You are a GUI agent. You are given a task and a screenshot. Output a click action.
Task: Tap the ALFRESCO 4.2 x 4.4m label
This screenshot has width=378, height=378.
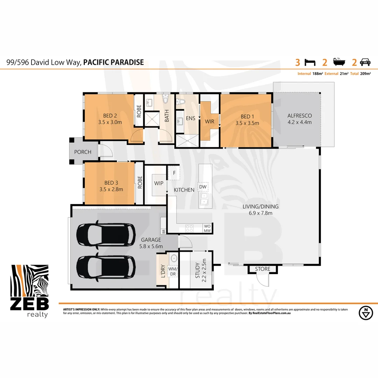(x=299, y=119)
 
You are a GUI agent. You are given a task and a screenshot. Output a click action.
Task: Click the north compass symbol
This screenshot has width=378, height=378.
(x=366, y=313)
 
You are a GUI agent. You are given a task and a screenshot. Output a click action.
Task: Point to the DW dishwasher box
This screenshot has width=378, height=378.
(x=203, y=187)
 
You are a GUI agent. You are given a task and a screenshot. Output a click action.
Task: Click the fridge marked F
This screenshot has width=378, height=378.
(x=174, y=173)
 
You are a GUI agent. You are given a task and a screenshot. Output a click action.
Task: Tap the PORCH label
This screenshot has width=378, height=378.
(x=83, y=152)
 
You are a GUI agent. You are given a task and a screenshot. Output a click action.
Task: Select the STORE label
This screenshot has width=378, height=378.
(x=262, y=269)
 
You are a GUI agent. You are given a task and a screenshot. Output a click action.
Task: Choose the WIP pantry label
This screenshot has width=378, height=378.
(x=159, y=183)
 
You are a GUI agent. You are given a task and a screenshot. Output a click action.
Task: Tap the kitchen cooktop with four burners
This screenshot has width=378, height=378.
(x=189, y=228)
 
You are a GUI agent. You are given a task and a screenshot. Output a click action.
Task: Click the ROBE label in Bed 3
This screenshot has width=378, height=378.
(x=140, y=183)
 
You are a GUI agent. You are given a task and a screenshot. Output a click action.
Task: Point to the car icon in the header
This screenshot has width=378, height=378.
(x=365, y=63)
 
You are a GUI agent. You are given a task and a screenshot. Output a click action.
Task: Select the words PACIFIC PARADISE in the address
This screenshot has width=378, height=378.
(x=113, y=63)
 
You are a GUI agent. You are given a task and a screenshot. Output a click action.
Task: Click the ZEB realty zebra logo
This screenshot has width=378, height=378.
(x=29, y=287)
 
